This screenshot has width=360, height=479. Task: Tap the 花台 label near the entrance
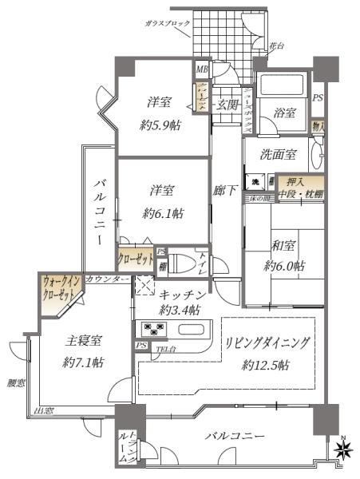(x=277, y=46)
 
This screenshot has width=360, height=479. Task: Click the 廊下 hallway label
(x=225, y=191)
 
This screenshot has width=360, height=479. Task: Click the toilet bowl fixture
(x=180, y=263)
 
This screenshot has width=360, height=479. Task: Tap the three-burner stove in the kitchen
(x=152, y=328)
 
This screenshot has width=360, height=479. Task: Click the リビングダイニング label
(x=265, y=343)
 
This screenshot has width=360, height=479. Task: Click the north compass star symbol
(x=345, y=452)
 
